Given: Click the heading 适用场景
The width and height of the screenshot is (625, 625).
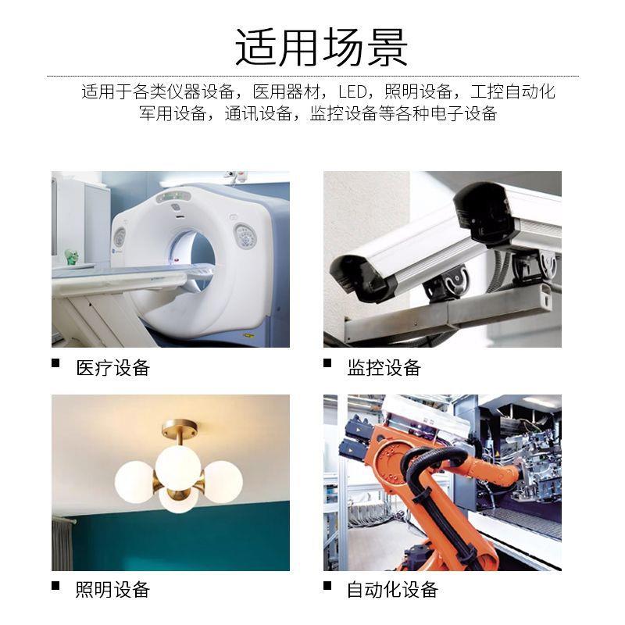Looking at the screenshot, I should pos(321,48).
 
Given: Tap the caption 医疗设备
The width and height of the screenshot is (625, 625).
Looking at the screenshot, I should pos(112,368).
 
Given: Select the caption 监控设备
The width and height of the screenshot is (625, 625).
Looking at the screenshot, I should pos(384,368).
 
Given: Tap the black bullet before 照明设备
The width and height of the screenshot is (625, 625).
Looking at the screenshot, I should pos(55,584).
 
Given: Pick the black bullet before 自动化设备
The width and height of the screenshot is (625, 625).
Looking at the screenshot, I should pos(327,584).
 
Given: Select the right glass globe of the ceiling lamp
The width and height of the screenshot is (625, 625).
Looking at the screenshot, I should pos(223,480).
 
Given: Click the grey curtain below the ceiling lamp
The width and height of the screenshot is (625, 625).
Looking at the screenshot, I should pos(62,543).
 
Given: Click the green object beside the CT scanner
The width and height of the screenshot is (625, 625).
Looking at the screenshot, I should pos(72,255).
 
